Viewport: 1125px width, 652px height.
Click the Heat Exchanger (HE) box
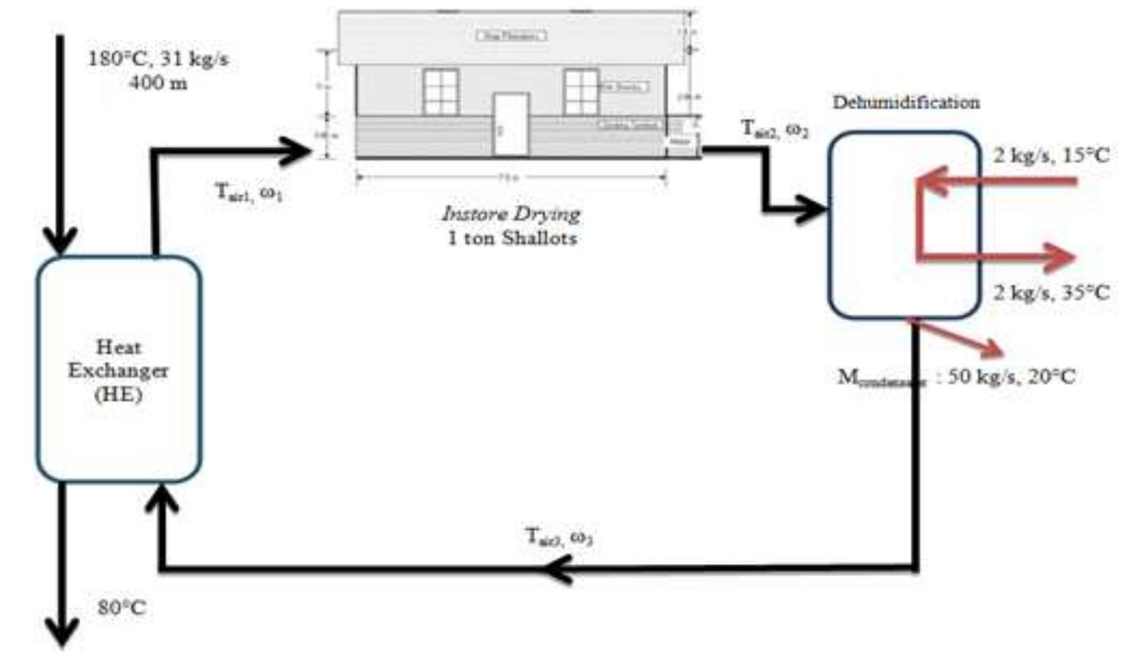pyautogui.click(x=118, y=370)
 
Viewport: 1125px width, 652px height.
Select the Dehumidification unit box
pyautogui.click(x=904, y=225)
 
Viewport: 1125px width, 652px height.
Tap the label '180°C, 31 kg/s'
pyautogui.click(x=157, y=59)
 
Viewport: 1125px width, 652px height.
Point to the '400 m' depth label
pyautogui.click(x=157, y=83)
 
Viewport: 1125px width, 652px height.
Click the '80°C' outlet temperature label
pyautogui.click(x=122, y=608)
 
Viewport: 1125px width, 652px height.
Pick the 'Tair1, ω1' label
pyautogui.click(x=248, y=192)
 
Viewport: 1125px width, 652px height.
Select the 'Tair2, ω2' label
pyautogui.click(x=774, y=129)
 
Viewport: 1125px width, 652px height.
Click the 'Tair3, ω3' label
pyautogui.click(x=559, y=537)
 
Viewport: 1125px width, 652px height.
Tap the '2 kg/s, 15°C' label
pyautogui.click(x=1051, y=155)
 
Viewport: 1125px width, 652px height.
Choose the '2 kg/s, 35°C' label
pyautogui.click(x=1051, y=292)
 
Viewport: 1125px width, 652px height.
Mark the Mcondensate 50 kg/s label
pyautogui.click(x=956, y=377)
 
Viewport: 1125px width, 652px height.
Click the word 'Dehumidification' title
pyautogui.click(x=906, y=102)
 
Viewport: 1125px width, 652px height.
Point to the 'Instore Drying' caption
pyautogui.click(x=511, y=213)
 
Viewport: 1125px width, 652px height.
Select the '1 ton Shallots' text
pyautogui.click(x=511, y=238)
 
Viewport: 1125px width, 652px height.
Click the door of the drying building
pyautogui.click(x=511, y=124)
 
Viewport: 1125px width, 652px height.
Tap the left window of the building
pyautogui.click(x=440, y=91)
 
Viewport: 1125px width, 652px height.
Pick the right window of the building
pyautogui.click(x=581, y=91)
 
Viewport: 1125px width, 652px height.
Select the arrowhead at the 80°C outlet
pyautogui.click(x=62, y=632)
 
